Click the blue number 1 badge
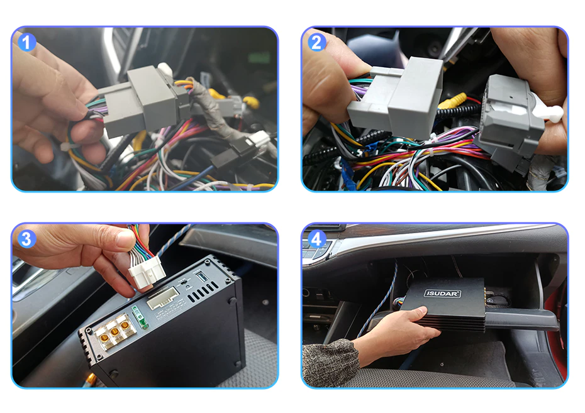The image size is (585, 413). [26, 43]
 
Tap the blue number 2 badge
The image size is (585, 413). [316, 43]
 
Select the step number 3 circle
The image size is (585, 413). [26, 240]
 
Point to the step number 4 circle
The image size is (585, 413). [316, 240]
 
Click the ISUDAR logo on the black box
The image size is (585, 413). [442, 294]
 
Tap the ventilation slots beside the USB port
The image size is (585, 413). [202, 292]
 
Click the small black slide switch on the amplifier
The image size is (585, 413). [183, 282]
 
